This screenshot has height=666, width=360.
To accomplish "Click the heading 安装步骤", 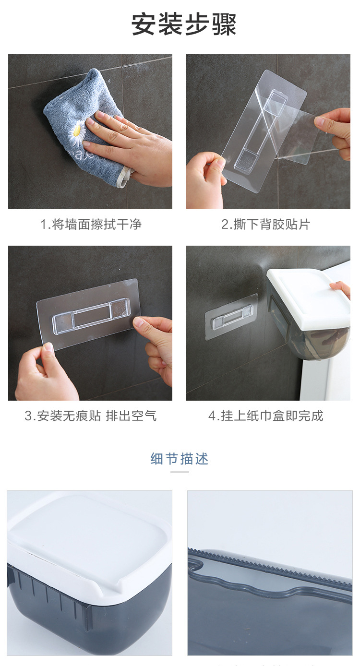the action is coord(184,24).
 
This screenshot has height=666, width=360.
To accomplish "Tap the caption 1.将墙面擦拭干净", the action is coord(91,224).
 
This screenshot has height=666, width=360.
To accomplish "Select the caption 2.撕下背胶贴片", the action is coord(266,224).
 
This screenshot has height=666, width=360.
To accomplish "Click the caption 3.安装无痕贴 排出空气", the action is coord(90,416).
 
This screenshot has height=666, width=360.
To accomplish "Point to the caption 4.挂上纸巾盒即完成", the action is coord(266,416).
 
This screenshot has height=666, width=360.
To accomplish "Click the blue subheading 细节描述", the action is coord(180,458).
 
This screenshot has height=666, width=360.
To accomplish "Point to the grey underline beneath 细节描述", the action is coord(180,472).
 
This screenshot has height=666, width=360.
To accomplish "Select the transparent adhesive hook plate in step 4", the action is coord(231,317).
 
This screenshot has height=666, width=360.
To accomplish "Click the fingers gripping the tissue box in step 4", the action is coord(341,288).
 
